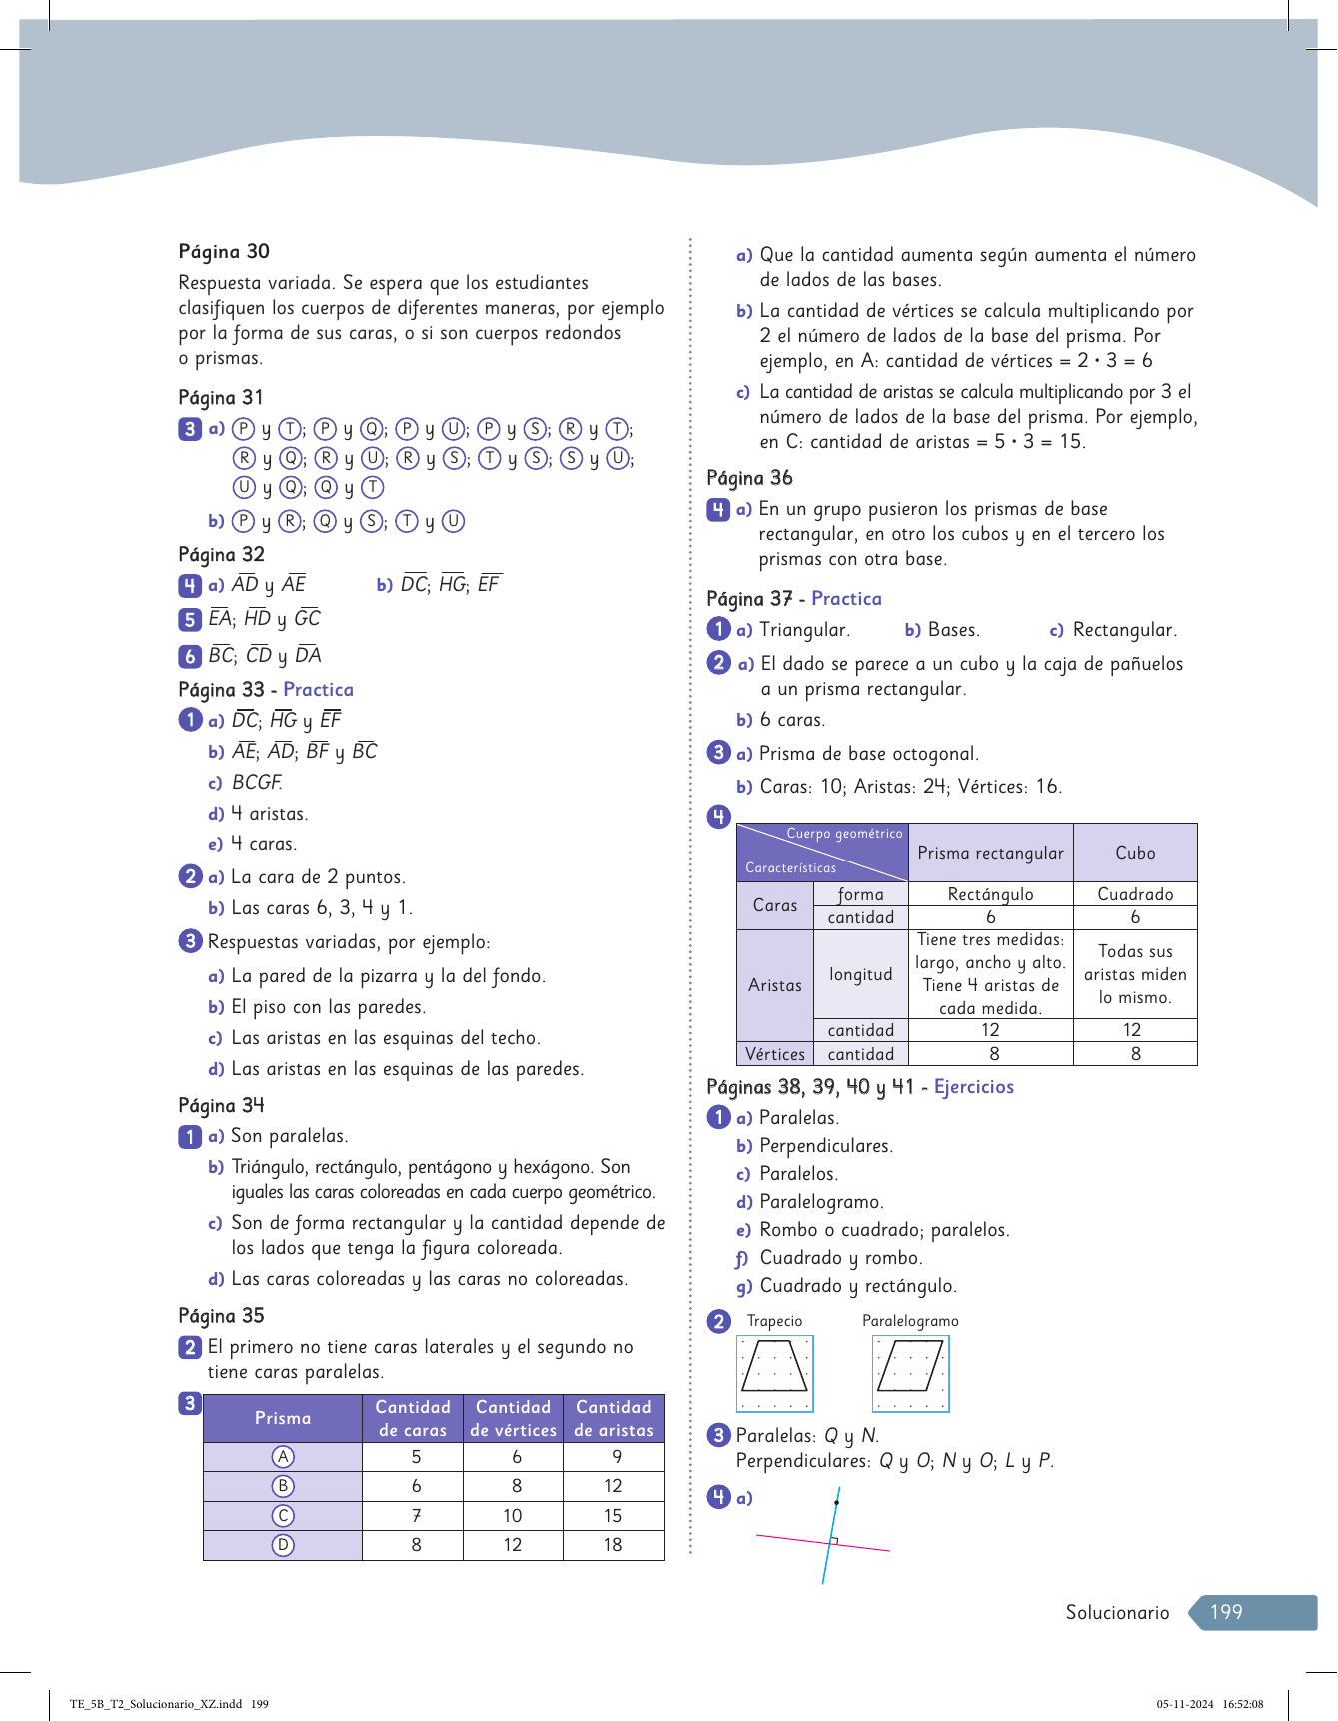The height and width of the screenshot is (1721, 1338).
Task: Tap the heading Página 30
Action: [224, 252]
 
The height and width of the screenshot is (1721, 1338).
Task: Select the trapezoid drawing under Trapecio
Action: [775, 1372]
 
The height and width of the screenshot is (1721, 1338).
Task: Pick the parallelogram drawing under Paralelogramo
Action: [910, 1372]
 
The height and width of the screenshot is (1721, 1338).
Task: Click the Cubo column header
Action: [1135, 853]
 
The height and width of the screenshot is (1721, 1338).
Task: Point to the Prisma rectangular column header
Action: [990, 853]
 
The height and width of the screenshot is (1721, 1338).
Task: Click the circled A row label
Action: [283, 1457]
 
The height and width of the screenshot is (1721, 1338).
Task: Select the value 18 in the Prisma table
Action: [613, 1545]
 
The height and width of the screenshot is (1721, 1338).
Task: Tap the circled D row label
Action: [283, 1545]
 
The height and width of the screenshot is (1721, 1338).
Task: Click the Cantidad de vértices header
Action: [513, 1418]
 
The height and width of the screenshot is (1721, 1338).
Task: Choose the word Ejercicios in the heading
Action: [974, 1087]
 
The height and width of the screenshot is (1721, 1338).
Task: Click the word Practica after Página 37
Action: [846, 599]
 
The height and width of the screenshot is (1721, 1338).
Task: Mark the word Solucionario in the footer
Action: [1117, 1612]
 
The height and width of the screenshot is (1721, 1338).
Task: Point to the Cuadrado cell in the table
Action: [1135, 894]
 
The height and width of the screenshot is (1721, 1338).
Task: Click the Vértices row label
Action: [775, 1054]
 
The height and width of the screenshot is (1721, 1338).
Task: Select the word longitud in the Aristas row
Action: [861, 975]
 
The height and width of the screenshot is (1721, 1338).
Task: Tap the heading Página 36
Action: [749, 478]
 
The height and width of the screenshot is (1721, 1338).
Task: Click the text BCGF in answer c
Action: [257, 783]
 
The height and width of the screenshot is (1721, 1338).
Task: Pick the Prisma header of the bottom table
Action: [283, 1418]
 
